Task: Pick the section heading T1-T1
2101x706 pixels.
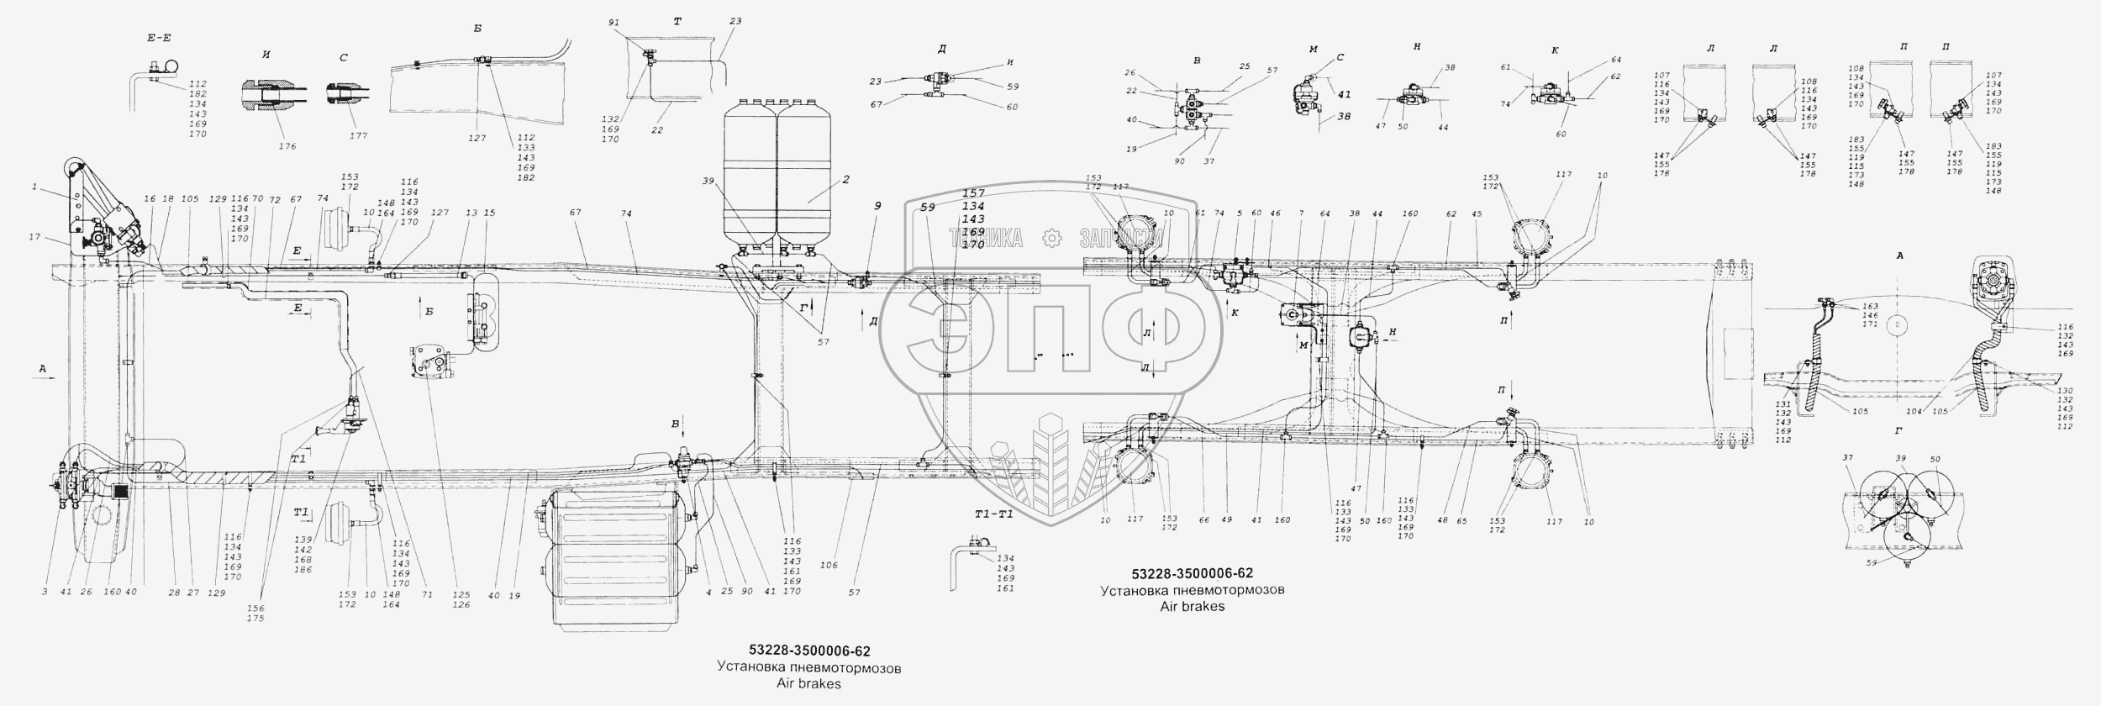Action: coord(993,514)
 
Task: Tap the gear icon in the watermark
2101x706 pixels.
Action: coord(1051,239)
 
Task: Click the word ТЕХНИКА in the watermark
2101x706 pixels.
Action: coord(986,239)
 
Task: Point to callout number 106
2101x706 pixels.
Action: coord(829,566)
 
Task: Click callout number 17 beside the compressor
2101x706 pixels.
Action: coord(34,237)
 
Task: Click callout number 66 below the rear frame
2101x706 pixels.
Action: coord(1203,520)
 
